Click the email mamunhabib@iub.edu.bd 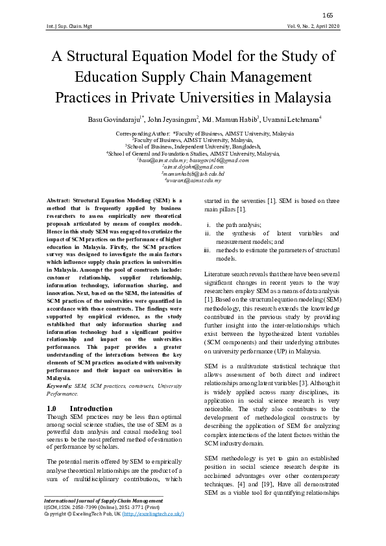click(x=193, y=174)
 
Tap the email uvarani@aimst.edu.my click(x=193, y=181)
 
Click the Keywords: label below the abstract click(x=60, y=386)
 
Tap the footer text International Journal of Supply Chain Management click(x=103, y=519)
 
